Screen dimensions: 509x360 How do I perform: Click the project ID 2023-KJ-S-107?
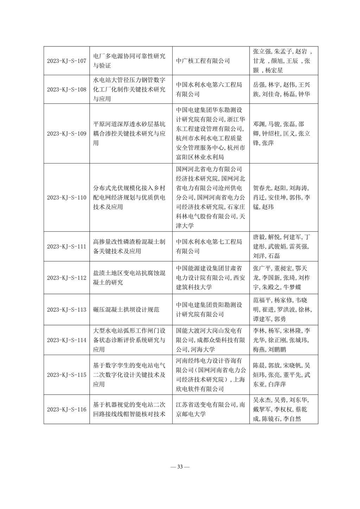pyautogui.click(x=66, y=61)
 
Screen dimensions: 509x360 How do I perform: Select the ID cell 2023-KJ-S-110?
pyautogui.click(x=66, y=198)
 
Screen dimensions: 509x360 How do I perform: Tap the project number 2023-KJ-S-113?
pyautogui.click(x=66, y=310)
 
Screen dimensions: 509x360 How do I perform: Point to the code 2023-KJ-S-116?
pyautogui.click(x=66, y=410)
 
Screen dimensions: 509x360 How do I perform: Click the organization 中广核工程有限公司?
pyautogui.click(x=203, y=61)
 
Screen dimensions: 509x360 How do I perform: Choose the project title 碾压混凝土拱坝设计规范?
pyautogui.click(x=126, y=310)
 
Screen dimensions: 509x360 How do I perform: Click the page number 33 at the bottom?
pyautogui.click(x=180, y=467)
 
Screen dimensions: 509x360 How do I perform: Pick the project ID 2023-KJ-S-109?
pyautogui.click(x=66, y=134)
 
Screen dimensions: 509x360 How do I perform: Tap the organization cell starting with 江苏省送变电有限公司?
pyautogui.click(x=211, y=410)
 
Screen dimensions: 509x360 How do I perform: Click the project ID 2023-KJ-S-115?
pyautogui.click(x=66, y=375)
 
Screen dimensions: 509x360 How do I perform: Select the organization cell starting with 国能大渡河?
pyautogui.click(x=211, y=340)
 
